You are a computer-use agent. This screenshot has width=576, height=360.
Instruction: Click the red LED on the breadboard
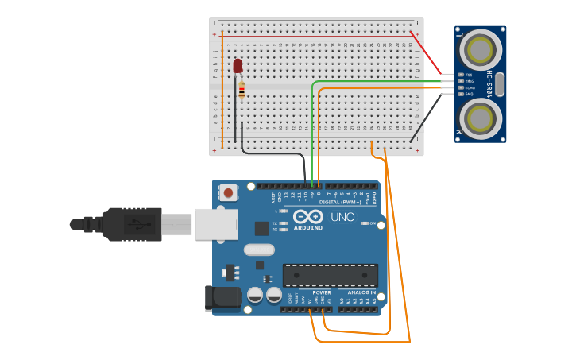238,65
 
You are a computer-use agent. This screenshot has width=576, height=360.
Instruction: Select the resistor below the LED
242,90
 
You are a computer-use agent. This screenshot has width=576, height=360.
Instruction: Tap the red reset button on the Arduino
229,192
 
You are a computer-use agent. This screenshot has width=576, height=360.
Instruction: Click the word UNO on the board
342,217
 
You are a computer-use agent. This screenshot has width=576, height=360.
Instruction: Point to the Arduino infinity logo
307,216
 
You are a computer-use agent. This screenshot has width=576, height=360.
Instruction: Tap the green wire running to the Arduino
312,127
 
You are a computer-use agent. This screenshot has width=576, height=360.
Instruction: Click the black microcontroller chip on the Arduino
330,275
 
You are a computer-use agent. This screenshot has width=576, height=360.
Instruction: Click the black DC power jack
222,297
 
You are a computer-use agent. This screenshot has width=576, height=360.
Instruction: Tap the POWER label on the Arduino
322,292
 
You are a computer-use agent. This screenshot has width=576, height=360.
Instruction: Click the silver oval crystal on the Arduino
259,250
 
